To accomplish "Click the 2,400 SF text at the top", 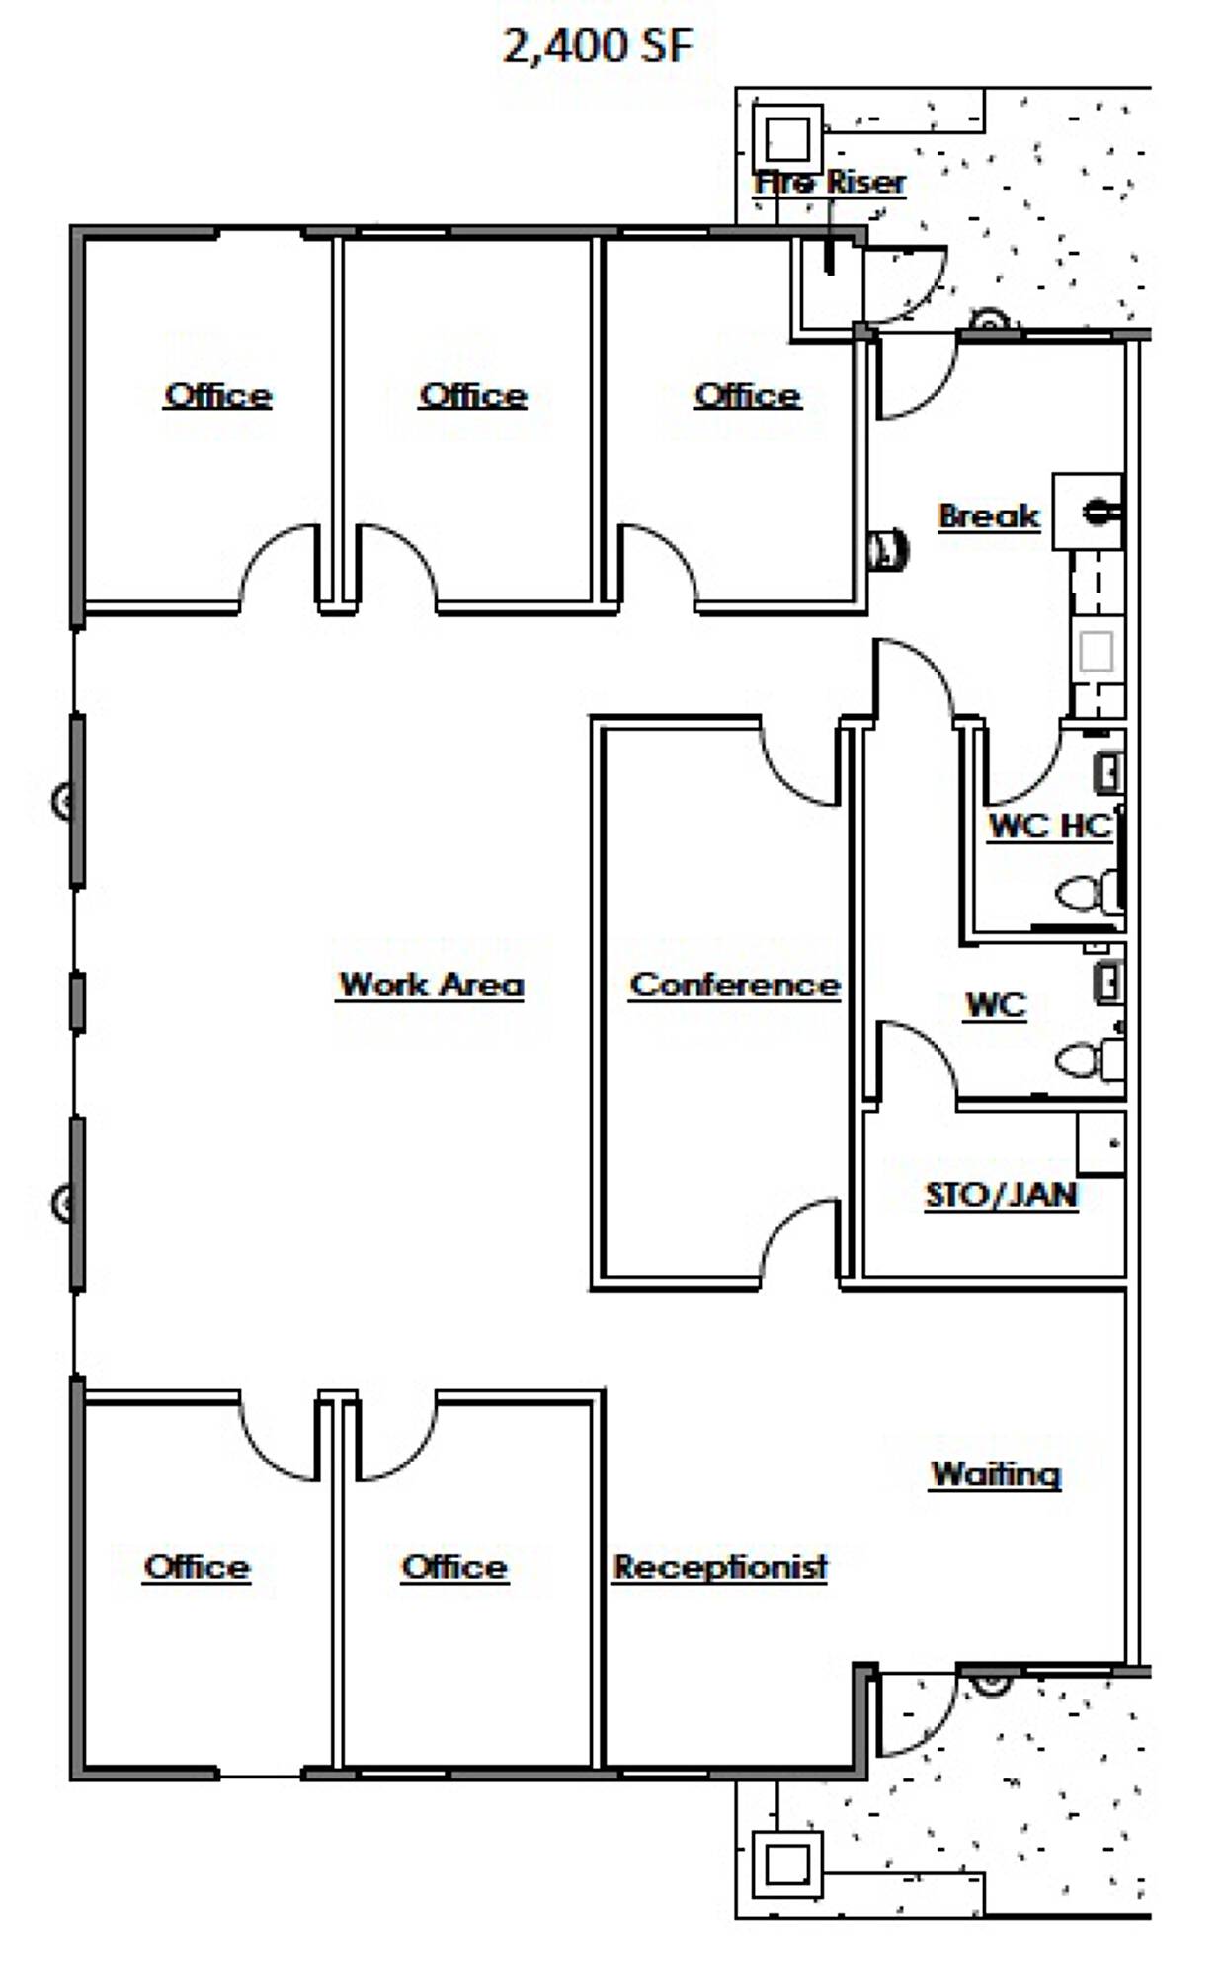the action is click(x=598, y=45).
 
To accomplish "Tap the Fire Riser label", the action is click(x=830, y=183).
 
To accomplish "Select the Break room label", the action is click(x=989, y=515).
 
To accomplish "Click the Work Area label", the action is click(x=431, y=985).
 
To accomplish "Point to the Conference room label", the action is click(x=735, y=985).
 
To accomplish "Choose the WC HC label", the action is click(x=1050, y=826).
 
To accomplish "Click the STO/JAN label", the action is click(x=1001, y=1195).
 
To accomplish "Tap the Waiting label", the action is click(x=996, y=1474).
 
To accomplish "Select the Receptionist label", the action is click(x=720, y=1567).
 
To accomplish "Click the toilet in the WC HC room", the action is click(x=1088, y=895).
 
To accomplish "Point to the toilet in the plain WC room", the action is click(x=1088, y=1061).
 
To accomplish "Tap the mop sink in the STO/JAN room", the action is click(x=1101, y=1144).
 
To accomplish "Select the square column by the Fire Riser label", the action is click(x=787, y=138).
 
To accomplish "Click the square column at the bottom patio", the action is click(x=787, y=1865).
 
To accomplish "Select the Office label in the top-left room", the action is click(x=217, y=396).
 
